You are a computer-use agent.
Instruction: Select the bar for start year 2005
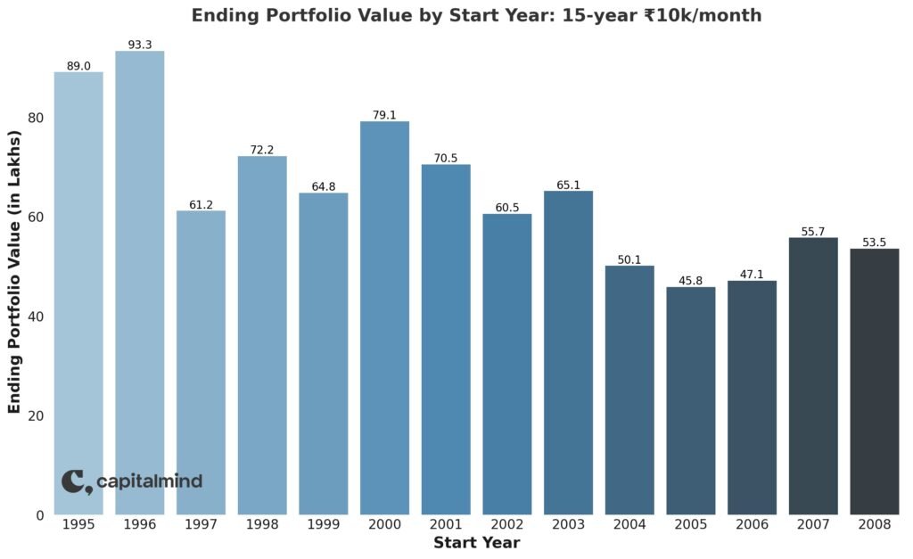pyautogui.click(x=690, y=400)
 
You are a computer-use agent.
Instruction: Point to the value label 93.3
pyautogui.click(x=140, y=44)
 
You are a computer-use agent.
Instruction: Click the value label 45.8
pyautogui.click(x=690, y=280)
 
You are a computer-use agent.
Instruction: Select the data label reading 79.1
pyautogui.click(x=384, y=114)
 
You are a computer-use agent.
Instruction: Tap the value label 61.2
pyautogui.click(x=201, y=204)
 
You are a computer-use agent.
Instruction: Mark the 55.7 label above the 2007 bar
pyautogui.click(x=813, y=231)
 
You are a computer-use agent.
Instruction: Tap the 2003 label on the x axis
pyautogui.click(x=568, y=525)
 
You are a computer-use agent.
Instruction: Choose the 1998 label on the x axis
pyautogui.click(x=262, y=525)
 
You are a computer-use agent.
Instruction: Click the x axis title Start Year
pyautogui.click(x=476, y=543)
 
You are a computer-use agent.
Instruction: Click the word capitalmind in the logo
pyautogui.click(x=149, y=481)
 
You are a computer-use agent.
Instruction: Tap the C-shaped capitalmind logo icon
pyautogui.click(x=75, y=481)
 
